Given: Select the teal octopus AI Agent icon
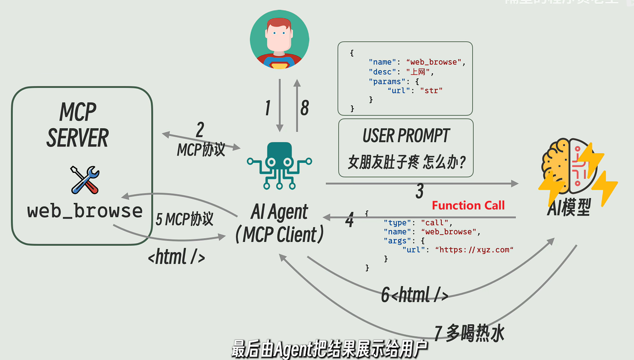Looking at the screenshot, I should [x=279, y=165].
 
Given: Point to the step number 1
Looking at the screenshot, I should [x=267, y=107].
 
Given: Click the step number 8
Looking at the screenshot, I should [x=304, y=107].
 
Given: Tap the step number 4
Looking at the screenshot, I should [x=350, y=220].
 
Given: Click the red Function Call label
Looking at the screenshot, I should [x=468, y=206].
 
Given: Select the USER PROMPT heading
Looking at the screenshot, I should [x=406, y=135].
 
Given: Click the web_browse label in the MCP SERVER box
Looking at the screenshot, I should [x=85, y=211].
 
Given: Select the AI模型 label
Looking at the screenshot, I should [x=569, y=208].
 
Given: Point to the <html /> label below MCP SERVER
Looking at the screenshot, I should [x=176, y=257].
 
